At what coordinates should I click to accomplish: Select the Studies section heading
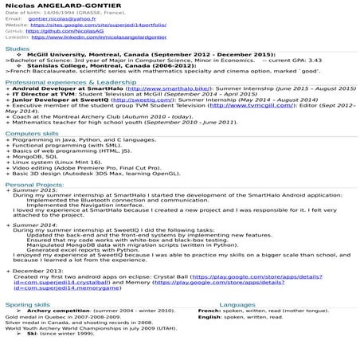click(x=17, y=49)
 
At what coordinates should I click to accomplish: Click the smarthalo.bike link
click(x=166, y=88)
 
